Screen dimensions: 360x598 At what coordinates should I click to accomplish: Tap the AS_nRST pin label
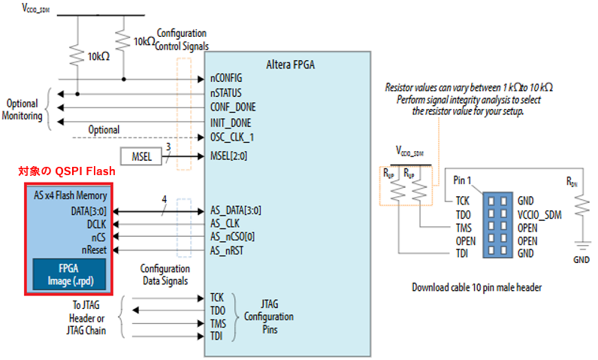point(228,250)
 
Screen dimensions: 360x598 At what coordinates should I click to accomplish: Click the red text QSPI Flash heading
point(67,172)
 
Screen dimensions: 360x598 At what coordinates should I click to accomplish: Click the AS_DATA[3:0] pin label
point(236,210)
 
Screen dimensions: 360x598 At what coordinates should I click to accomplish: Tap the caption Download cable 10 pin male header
point(476,287)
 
